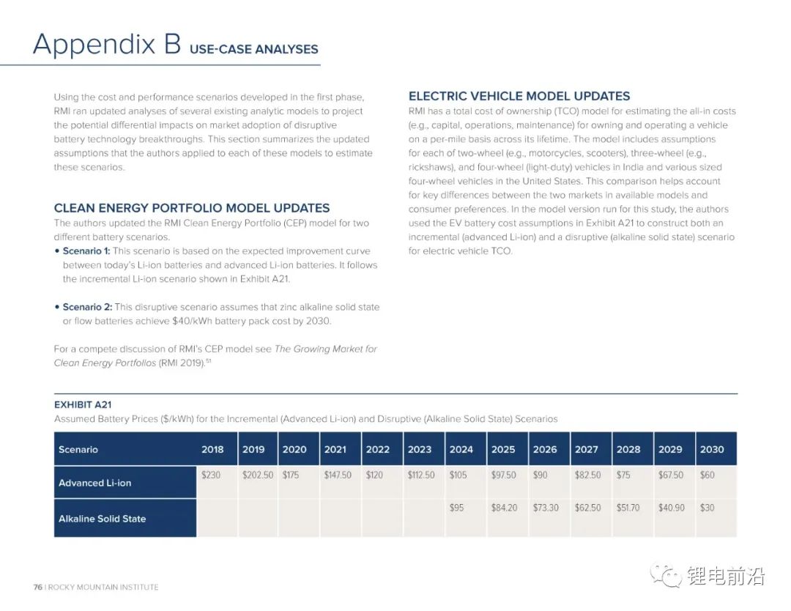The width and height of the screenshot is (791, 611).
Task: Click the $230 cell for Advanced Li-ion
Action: (x=211, y=475)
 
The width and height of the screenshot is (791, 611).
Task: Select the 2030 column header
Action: (x=712, y=449)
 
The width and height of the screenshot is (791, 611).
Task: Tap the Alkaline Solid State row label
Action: (x=103, y=519)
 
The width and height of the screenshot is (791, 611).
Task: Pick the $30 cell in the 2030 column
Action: (x=707, y=508)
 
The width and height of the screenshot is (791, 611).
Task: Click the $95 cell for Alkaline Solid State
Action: (x=456, y=508)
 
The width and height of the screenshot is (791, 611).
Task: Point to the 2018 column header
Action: (x=212, y=449)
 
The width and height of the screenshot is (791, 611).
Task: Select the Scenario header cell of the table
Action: (x=78, y=449)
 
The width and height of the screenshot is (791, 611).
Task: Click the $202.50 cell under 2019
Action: (x=258, y=475)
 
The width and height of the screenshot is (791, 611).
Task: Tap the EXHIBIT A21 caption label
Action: (x=83, y=404)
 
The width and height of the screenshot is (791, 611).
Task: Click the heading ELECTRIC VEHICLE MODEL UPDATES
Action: (x=519, y=96)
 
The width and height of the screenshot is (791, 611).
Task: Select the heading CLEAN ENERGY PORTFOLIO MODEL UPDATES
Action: (x=192, y=208)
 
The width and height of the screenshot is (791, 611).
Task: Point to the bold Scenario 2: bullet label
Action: (x=87, y=307)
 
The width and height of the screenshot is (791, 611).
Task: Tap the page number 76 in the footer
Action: (x=37, y=587)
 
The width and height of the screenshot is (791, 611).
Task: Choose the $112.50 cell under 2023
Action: (x=421, y=475)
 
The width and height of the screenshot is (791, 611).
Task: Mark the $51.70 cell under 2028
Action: (x=628, y=508)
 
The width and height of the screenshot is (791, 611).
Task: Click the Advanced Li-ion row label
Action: (x=95, y=483)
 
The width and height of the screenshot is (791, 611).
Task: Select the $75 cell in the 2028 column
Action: (x=623, y=475)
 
